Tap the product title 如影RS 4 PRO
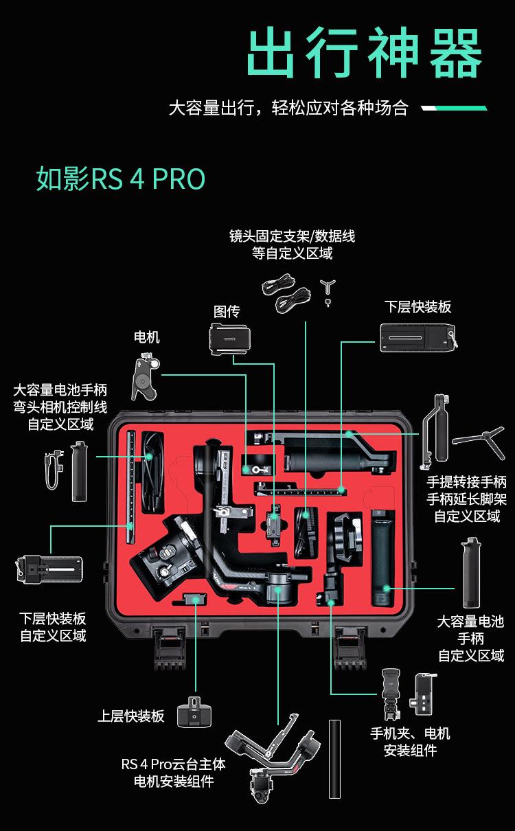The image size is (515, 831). click(120, 179)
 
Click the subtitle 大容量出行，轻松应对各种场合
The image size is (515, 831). click(288, 108)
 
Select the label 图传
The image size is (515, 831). click(227, 311)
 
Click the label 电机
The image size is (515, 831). click(146, 337)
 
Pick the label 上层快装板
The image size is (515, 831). click(130, 716)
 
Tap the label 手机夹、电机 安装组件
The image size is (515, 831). click(411, 742)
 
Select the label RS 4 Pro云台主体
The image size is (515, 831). click(174, 764)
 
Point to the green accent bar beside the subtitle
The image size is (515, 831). click(454, 108)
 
